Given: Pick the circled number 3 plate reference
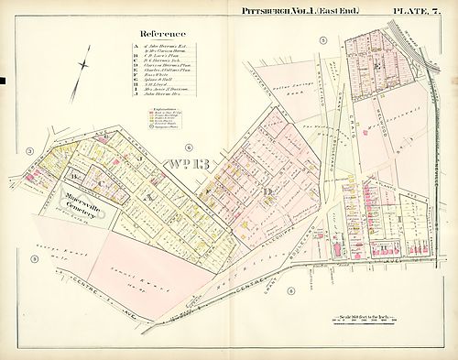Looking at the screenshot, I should tap(30, 150).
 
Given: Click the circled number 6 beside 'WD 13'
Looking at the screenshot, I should tap(188, 147).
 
